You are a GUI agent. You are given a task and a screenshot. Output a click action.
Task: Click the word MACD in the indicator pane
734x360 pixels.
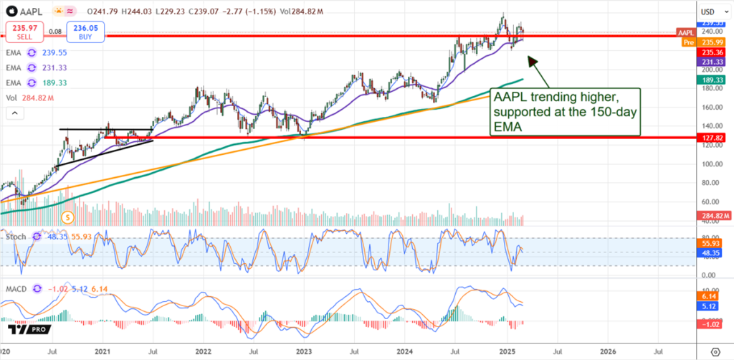pos(16,289)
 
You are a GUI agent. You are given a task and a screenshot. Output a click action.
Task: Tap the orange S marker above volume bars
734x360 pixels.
pos(67,216)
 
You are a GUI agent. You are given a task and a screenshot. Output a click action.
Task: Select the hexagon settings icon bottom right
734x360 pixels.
pos(714,352)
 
